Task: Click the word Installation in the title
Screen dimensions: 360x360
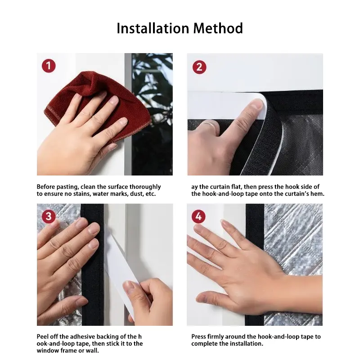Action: click(153, 28)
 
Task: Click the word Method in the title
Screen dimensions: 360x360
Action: click(218, 28)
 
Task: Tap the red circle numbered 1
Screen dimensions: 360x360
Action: click(49, 66)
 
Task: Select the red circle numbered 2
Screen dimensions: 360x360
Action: click(199, 67)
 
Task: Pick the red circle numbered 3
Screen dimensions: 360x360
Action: click(49, 216)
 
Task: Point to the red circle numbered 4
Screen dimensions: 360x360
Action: click(198, 216)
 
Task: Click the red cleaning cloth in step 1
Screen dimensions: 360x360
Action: click(96, 103)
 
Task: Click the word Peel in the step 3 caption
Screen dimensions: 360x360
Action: click(42, 337)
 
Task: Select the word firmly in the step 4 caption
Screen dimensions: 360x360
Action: click(216, 337)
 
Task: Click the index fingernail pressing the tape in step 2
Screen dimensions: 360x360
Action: click(257, 104)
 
